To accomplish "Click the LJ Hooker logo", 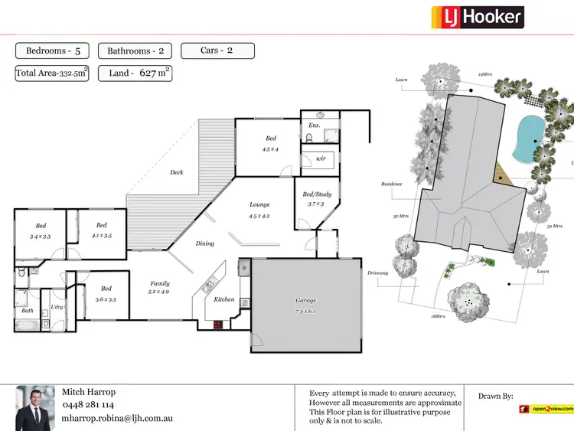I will (x=478, y=17).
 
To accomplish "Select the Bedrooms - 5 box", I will (x=52, y=51).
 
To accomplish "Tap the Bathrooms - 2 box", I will (x=135, y=51).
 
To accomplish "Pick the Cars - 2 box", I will (x=217, y=51).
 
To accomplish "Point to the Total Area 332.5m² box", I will (x=52, y=73).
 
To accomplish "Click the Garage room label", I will (x=306, y=301).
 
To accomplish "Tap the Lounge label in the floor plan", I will (x=259, y=204).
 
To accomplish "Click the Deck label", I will (x=177, y=172).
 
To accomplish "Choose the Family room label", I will (x=160, y=283).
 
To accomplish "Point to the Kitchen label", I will (x=224, y=299).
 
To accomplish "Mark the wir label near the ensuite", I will (x=320, y=158).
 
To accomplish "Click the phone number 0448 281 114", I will (x=88, y=404).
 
